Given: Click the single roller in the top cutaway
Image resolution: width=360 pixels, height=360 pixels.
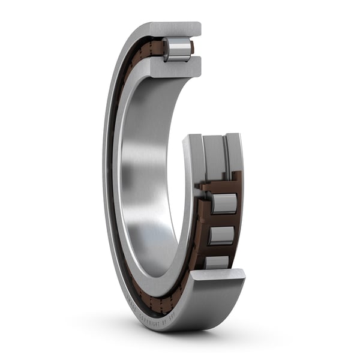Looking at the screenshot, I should [x=177, y=49].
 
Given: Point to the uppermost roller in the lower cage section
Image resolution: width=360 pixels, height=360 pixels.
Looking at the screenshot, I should [x=223, y=203].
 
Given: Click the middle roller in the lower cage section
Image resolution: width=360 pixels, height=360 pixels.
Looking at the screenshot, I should [x=220, y=235].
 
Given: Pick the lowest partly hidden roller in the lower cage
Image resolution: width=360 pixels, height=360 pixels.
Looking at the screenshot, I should [x=217, y=262].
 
